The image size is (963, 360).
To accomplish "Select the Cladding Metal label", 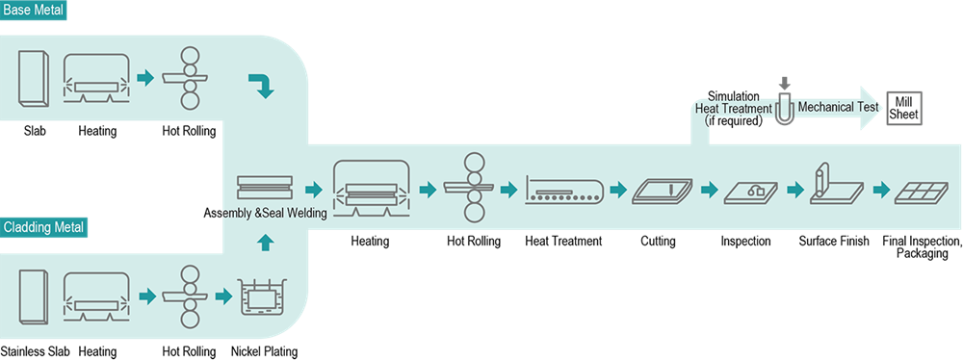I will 44,228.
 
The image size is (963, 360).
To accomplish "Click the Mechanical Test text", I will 838,108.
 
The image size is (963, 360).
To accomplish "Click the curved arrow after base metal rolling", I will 261,87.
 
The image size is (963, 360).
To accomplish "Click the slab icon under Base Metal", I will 34,78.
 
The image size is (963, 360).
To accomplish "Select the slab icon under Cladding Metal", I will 34,296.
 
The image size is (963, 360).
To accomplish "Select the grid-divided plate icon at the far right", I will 922,192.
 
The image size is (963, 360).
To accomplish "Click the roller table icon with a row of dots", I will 564,192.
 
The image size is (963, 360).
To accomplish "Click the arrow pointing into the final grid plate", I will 880,190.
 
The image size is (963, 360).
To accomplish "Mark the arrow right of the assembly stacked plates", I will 312,190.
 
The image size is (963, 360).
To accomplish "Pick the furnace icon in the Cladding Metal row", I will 96,296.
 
